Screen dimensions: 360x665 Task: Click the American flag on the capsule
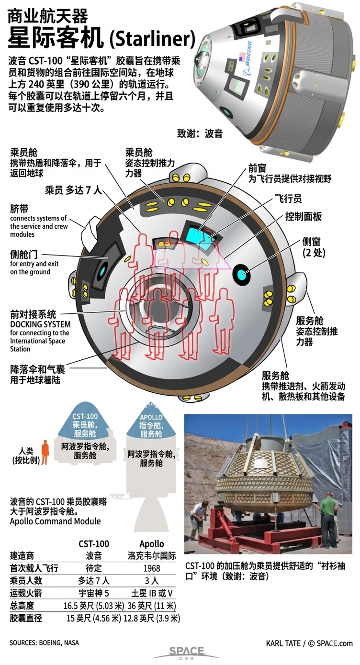coord(241,57)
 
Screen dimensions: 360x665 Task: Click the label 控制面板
coord(303,216)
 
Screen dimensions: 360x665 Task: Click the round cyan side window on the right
coord(241,275)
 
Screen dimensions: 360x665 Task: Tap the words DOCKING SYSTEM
coord(40,324)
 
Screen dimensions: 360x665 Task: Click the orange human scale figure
coord(45,452)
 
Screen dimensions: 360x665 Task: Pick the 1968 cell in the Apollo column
coord(151,568)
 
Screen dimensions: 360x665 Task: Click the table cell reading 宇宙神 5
coord(93,593)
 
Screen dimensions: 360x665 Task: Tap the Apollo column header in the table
coord(151,544)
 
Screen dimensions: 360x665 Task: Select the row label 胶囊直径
coord(26,618)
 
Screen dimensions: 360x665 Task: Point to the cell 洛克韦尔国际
coord(152,556)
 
